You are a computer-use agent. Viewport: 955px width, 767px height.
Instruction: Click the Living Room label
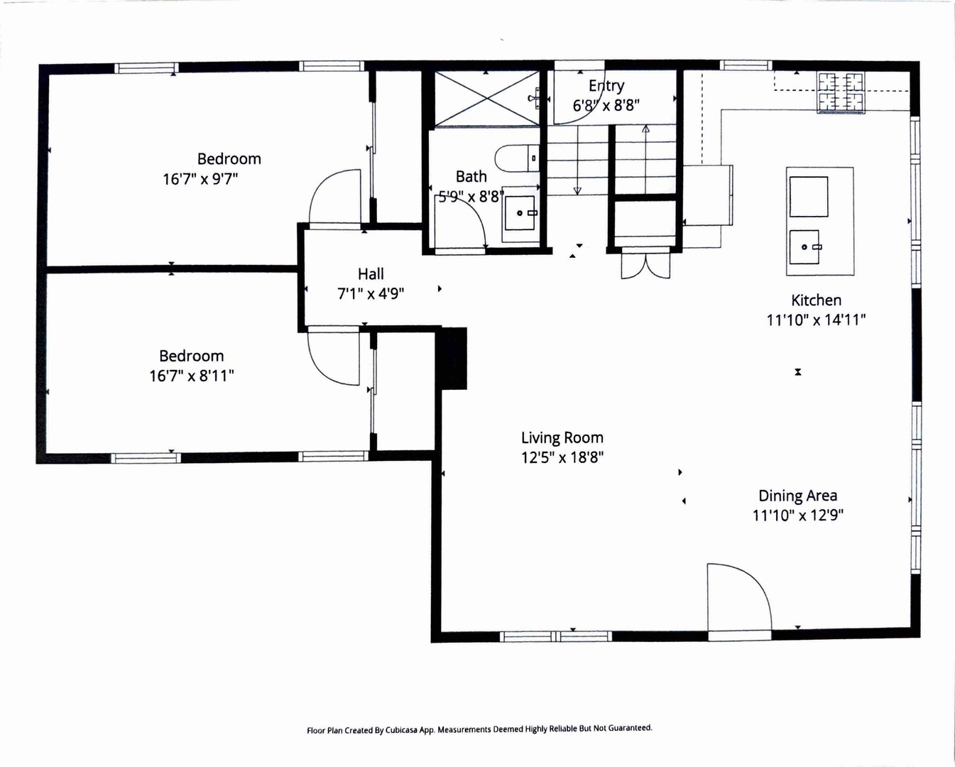pyautogui.click(x=562, y=437)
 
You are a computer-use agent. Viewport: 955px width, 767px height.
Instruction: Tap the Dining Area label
pyautogui.click(x=797, y=496)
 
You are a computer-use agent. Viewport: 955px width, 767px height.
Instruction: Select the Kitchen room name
pyautogui.click(x=816, y=300)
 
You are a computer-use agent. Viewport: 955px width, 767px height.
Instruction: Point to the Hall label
pyautogui.click(x=371, y=274)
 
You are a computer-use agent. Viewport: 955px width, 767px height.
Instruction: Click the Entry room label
pyautogui.click(x=606, y=86)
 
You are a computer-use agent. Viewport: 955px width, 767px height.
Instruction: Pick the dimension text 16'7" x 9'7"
pyautogui.click(x=200, y=179)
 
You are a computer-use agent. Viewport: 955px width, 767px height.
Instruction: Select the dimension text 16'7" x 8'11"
pyautogui.click(x=191, y=376)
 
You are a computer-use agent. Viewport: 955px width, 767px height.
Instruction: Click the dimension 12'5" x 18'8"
pyautogui.click(x=562, y=457)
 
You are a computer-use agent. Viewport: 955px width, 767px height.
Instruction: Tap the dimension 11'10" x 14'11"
pyautogui.click(x=816, y=320)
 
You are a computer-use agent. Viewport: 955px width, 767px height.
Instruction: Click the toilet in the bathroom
pyautogui.click(x=517, y=158)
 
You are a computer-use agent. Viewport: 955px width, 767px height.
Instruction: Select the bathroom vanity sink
pyautogui.click(x=520, y=213)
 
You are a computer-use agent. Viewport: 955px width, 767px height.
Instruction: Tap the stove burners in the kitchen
pyautogui.click(x=841, y=92)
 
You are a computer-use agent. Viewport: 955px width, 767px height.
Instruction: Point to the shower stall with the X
pyautogui.click(x=487, y=98)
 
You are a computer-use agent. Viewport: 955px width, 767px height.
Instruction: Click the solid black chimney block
pyautogui.click(x=452, y=358)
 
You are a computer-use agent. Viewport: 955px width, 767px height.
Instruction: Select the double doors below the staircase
pyautogui.click(x=645, y=263)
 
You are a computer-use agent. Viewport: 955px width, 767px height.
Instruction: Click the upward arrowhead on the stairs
pyautogui.click(x=645, y=129)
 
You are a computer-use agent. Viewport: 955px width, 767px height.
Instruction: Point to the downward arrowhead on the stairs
pyautogui.click(x=577, y=191)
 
